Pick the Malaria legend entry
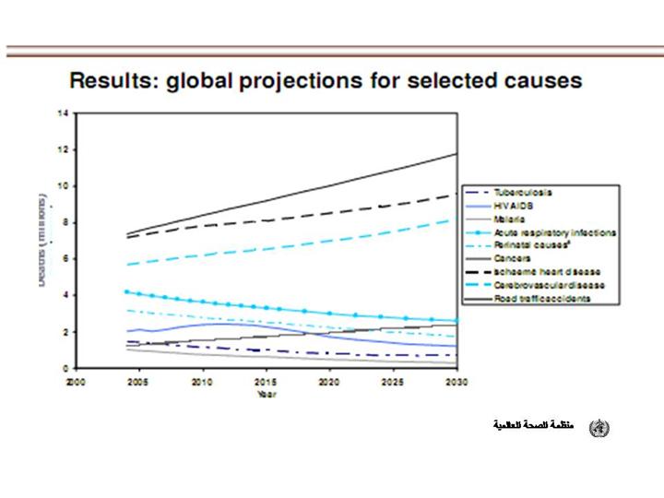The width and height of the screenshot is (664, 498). pyautogui.click(x=510, y=219)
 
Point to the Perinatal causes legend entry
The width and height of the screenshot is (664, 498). pyautogui.click(x=531, y=245)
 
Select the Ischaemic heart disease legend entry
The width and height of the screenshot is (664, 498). pyautogui.click(x=547, y=272)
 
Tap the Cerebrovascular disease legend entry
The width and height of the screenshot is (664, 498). pyautogui.click(x=550, y=285)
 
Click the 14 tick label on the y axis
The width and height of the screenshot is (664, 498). pyautogui.click(x=64, y=113)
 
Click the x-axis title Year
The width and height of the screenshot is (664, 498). pyautogui.click(x=267, y=393)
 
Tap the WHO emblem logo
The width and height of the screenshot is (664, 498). pyautogui.click(x=599, y=428)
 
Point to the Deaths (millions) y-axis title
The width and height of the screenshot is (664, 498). pyautogui.click(x=43, y=239)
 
